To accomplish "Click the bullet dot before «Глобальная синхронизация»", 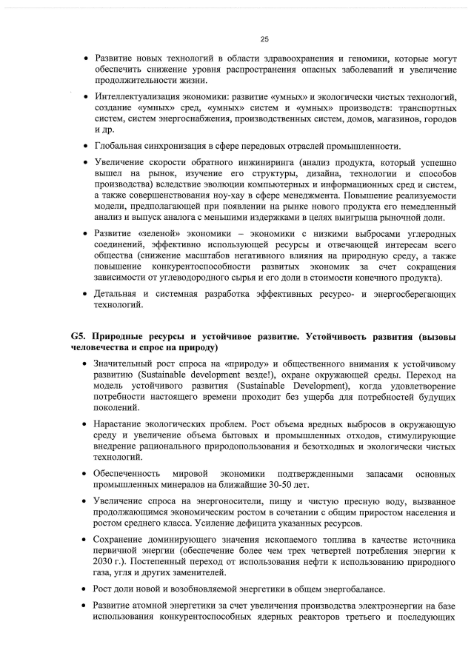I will click(x=87, y=146).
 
